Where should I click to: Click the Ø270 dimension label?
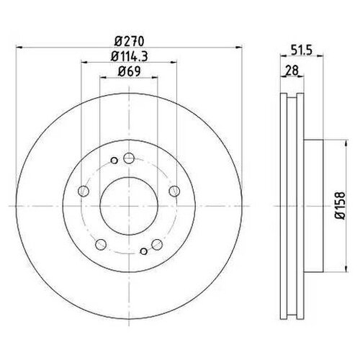click(127, 41)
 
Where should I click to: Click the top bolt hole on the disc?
click(128, 159)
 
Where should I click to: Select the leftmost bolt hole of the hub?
click(82, 191)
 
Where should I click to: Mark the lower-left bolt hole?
click(100, 243)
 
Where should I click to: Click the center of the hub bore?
click(128, 207)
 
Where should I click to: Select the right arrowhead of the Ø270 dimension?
click(238, 48)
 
